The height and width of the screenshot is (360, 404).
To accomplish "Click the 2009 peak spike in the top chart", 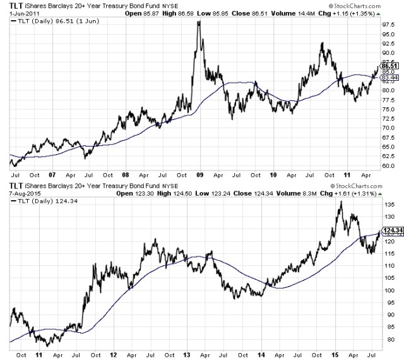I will point(199,23).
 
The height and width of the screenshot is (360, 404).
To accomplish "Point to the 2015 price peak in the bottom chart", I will point(340,202).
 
